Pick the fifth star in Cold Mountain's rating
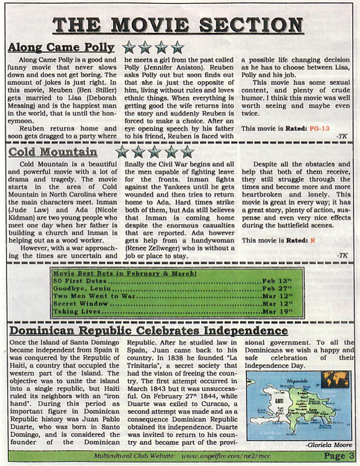[x=187, y=152]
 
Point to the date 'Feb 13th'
[x=277, y=281]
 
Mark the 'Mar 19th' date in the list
[x=277, y=311]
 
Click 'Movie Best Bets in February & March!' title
[x=125, y=274]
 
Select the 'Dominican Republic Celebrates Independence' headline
[x=149, y=331]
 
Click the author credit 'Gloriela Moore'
[x=329, y=445]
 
